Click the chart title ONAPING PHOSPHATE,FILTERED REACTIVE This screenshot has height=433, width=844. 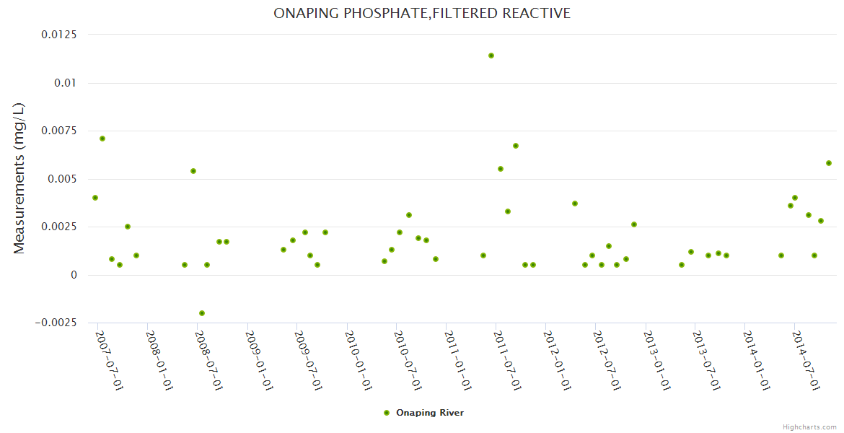422,13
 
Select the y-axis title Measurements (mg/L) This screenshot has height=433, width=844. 19,178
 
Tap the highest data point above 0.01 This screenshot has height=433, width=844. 491,56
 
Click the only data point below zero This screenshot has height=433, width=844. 202,313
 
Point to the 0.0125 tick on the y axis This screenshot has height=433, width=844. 61,35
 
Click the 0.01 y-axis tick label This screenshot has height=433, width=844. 66,83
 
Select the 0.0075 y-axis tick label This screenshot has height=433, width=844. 61,131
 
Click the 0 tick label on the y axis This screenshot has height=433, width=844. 73,275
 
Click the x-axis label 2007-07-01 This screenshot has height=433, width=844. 109,361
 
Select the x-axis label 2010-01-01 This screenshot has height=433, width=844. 359,361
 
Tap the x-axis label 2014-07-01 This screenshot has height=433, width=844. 806,361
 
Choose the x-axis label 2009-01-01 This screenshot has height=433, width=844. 259,361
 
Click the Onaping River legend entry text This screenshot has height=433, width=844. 430,413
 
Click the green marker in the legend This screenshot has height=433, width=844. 387,413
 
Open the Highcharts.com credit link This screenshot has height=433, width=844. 809,427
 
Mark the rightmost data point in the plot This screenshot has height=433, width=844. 829,163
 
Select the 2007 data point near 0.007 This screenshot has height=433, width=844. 102,139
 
